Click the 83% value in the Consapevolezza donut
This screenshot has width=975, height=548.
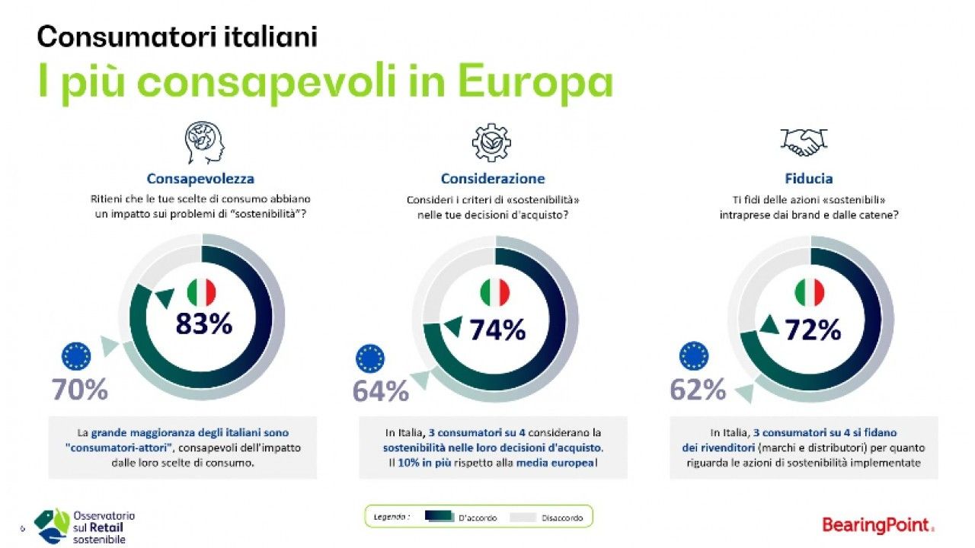203,324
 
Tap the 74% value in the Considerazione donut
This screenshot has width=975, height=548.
497,330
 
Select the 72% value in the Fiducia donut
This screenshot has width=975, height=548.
812,330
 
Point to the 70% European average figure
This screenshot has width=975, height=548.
79,390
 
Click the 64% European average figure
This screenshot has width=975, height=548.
380,391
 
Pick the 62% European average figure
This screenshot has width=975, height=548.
697,390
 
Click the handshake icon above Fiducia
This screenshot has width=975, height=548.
804,142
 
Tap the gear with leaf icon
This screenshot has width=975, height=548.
491,142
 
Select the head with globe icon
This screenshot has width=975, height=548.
204,142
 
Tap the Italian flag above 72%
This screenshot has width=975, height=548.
810,293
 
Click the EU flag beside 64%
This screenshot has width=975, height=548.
370,358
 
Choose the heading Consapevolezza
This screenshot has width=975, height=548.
200,179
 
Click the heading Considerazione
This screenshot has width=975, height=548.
493,179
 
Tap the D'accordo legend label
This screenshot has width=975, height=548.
478,518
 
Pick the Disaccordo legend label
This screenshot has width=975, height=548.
562,518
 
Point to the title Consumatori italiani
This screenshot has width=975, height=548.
177,36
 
